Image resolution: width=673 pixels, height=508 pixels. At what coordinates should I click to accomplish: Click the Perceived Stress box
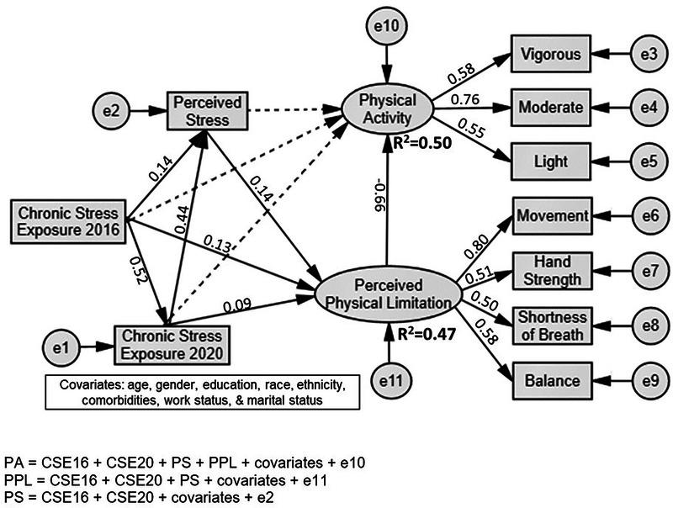207,110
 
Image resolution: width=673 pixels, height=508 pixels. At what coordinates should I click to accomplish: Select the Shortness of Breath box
550,325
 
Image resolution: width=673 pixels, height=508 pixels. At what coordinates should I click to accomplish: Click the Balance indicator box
550,379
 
